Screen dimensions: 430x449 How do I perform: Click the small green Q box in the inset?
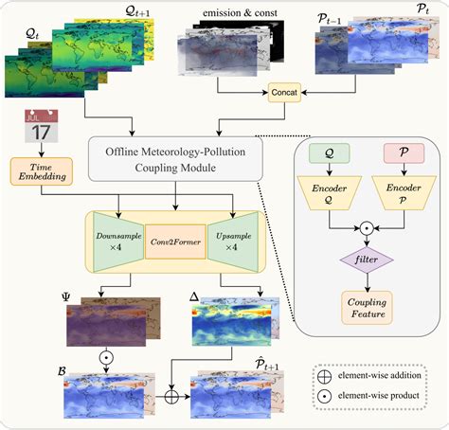click(330, 152)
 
